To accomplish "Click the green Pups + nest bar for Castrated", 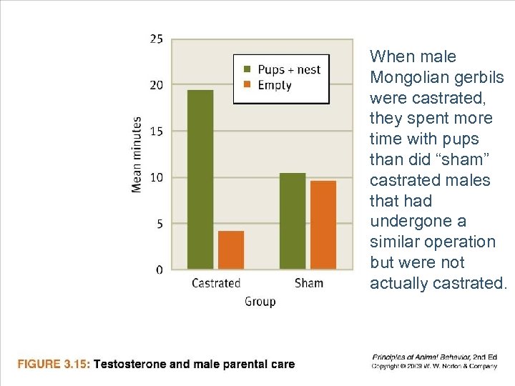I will [x=200, y=179].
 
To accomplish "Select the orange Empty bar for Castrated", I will [x=231, y=250].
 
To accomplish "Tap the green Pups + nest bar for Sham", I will [x=293, y=221].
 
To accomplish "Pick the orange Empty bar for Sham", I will [x=323, y=225].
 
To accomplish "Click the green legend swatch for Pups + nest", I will [x=247, y=69].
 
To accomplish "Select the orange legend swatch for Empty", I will [x=247, y=85].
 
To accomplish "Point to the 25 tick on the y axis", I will [x=156, y=39].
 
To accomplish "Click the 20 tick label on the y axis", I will [x=156, y=85].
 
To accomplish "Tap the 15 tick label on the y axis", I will [x=156, y=131].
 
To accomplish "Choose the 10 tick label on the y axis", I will [x=156, y=177].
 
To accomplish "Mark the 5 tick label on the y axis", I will [x=159, y=224].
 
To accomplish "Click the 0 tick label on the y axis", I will [x=159, y=269].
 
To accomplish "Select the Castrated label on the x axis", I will [x=216, y=283].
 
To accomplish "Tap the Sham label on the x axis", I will [x=309, y=283].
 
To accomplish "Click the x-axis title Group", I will [x=260, y=302].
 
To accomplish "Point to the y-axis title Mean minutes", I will [x=137, y=154].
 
